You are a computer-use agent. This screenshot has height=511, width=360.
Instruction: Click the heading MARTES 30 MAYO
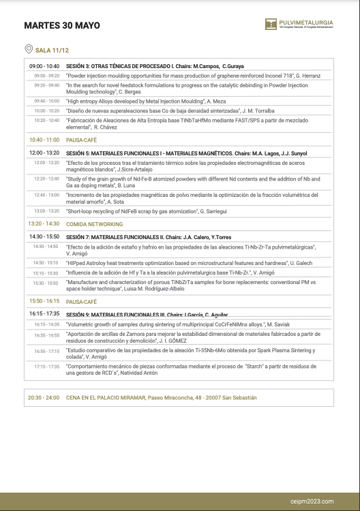coord(62,26)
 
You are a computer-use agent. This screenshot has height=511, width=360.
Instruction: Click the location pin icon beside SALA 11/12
coord(28,49)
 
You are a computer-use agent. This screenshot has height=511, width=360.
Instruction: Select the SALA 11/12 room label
coord(52,50)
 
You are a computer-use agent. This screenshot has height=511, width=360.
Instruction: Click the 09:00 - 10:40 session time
coord(44,65)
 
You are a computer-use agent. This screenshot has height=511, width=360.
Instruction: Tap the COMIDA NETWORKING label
coord(95,224)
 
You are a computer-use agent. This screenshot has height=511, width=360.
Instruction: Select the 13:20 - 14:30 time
coord(44,224)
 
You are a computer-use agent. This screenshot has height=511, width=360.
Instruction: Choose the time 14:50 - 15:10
coord(46,262)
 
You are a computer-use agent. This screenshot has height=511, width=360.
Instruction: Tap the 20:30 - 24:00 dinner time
coord(44,397)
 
